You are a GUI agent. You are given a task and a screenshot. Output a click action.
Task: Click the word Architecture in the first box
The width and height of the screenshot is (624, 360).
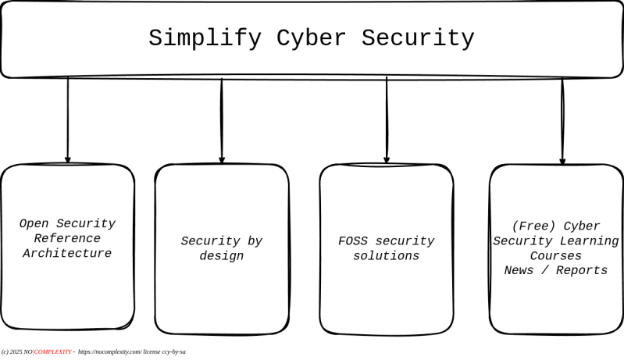(x=67, y=253)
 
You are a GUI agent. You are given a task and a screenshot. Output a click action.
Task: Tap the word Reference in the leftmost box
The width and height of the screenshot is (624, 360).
(x=67, y=238)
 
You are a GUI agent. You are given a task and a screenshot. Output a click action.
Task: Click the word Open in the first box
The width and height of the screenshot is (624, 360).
(x=34, y=223)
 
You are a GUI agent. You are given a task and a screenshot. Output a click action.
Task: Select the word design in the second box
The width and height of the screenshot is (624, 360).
(x=222, y=255)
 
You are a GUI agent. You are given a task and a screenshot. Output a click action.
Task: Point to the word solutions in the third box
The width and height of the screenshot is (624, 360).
(x=387, y=255)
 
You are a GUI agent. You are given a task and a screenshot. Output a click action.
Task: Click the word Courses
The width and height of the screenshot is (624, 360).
(x=556, y=255)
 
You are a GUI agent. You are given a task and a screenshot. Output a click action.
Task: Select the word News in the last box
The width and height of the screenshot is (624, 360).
(x=519, y=270)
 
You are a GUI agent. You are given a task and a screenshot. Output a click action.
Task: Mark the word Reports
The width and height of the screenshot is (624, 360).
(x=581, y=270)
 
